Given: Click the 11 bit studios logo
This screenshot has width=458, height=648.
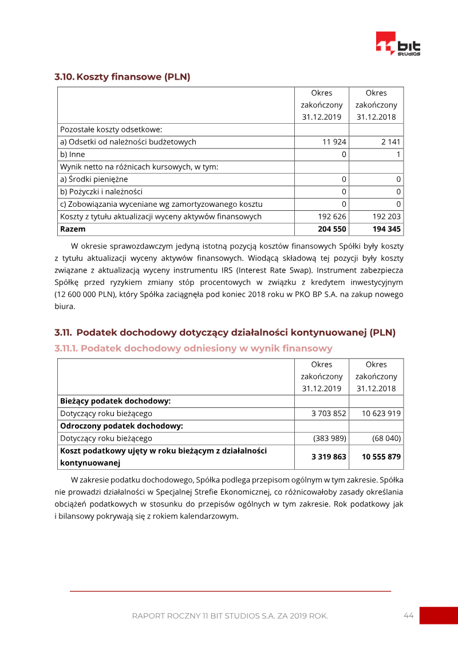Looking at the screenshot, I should (398, 44).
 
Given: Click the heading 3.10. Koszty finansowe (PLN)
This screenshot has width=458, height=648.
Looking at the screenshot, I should (123, 77).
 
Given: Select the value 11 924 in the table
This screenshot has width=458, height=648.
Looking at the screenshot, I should (334, 142).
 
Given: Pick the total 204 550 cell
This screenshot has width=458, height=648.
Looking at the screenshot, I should (332, 229).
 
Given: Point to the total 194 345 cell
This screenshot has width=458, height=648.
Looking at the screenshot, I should (386, 229).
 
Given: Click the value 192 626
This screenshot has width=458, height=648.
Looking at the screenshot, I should (332, 217).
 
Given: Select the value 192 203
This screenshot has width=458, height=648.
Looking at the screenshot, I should (386, 217).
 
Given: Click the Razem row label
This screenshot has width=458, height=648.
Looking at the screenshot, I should (73, 229).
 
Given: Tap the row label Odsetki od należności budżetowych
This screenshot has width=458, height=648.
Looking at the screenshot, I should (128, 142).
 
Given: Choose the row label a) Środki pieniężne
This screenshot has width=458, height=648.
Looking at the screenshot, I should (94, 179).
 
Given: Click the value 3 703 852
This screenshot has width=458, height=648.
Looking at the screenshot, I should (329, 414).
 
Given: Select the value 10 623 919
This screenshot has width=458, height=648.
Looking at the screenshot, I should (381, 414).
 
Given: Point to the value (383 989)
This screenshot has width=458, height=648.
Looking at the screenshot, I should (330, 438).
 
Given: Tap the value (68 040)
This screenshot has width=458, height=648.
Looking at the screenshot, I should (386, 438).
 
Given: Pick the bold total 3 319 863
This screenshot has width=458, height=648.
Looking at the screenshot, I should (329, 457).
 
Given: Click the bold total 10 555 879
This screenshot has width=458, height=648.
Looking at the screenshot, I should (381, 457).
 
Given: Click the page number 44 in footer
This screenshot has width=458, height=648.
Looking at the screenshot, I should (408, 615).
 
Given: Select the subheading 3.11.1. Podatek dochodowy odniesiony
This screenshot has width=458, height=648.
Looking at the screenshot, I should (194, 348).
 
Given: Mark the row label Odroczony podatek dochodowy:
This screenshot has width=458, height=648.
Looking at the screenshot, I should (121, 426).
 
